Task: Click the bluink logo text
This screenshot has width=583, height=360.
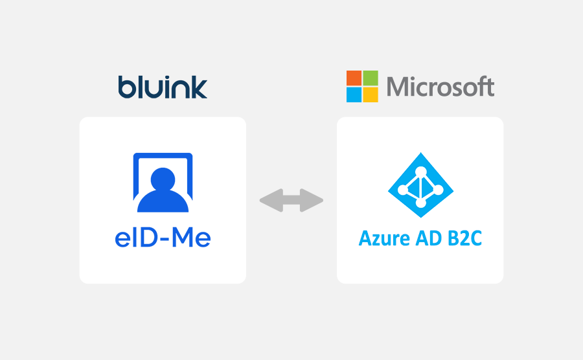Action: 163,87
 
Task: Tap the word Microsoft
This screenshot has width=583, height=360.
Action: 440,86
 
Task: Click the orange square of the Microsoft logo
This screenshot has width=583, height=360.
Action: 354,78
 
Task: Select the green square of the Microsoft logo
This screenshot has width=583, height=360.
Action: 371,78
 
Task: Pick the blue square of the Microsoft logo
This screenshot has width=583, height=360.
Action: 354,95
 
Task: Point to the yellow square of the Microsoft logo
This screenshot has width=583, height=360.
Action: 371,95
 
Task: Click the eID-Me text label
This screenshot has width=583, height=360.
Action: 163,238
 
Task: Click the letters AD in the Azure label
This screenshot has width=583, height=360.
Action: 429,238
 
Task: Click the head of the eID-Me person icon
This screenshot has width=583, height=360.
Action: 163,179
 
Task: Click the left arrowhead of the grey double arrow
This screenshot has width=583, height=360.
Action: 271,200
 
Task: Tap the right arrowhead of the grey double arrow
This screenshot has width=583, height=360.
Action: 312,200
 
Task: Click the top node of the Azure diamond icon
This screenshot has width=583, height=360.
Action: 421,172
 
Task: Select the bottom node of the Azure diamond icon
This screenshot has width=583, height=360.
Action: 421,203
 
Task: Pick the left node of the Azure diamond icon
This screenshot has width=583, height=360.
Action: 403,190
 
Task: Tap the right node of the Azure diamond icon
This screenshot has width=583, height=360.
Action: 439,190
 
